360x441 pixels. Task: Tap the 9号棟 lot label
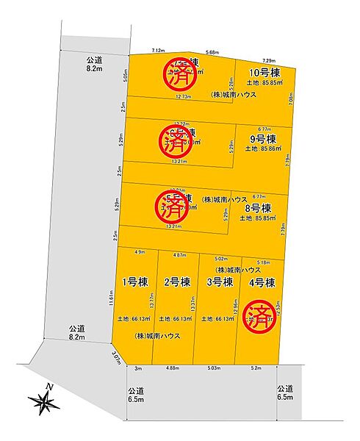click(x=262, y=139)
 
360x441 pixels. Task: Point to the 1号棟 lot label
click(x=134, y=282)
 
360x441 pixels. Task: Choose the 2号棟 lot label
click(x=177, y=282)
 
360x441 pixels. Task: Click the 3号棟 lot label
click(x=219, y=282)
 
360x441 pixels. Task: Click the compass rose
click(x=44, y=401)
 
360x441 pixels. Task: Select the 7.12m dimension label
click(x=157, y=50)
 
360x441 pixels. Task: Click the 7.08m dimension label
click(x=292, y=96)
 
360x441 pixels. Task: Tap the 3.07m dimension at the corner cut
click(x=115, y=358)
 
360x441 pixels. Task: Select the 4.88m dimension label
click(x=173, y=368)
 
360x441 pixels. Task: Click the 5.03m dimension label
click(x=214, y=368)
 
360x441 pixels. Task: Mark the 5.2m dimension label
click(x=256, y=368)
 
